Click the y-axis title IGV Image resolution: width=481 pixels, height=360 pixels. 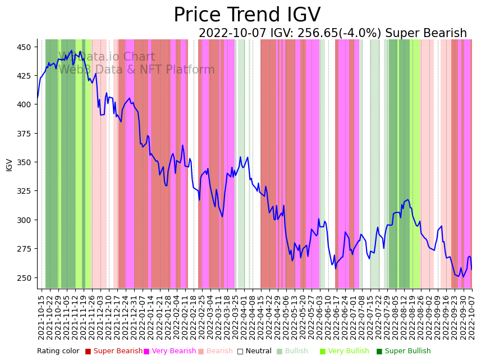[x=9, y=165]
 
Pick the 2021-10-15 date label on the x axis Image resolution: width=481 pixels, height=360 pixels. [x=41, y=317]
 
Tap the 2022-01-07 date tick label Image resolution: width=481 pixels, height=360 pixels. [x=144, y=317]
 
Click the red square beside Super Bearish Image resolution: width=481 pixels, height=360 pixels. [x=88, y=352]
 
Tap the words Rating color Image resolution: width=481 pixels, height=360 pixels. [x=58, y=352]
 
